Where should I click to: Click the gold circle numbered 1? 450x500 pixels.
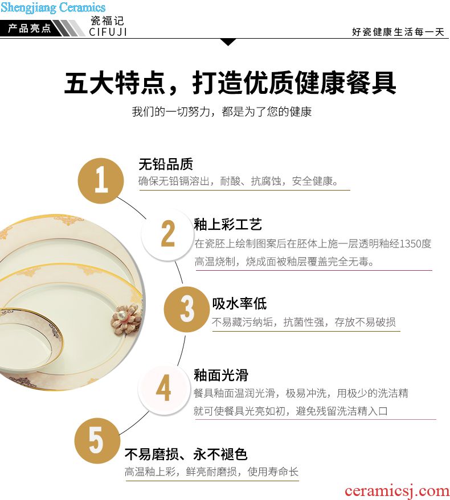click(101, 180)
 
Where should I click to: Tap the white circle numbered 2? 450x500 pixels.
click(167, 235)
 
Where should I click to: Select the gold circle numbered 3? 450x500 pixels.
click(186, 309)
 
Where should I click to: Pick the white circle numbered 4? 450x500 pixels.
click(163, 389)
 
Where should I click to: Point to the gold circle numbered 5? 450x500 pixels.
click(97, 441)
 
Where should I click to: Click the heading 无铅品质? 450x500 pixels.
click(166, 164)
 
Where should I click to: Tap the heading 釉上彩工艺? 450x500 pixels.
click(228, 225)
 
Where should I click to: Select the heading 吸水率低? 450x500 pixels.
click(240, 303)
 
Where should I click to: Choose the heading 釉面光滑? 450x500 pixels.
click(221, 375)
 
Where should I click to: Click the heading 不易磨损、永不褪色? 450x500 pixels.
click(186, 454)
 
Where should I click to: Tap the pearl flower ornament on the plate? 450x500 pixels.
click(126, 319)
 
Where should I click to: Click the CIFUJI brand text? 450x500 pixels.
click(108, 32)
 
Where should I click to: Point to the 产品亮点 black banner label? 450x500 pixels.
click(30, 28)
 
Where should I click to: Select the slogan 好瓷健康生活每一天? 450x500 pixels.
click(398, 32)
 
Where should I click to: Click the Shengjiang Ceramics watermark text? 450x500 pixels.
click(53, 7)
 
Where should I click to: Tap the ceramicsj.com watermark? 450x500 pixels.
click(396, 491)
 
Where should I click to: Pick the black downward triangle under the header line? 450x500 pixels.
click(228, 42)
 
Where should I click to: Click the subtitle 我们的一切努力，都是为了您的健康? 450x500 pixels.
click(222, 111)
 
